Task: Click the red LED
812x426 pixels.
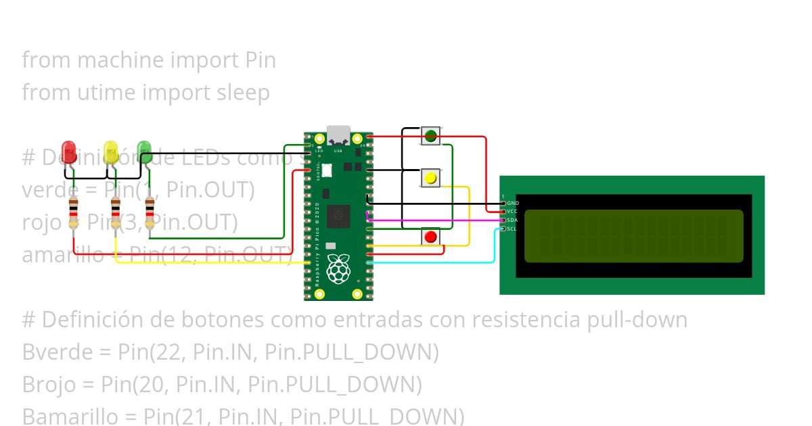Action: (68, 150)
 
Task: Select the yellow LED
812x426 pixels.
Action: (112, 151)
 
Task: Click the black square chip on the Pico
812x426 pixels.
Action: (338, 216)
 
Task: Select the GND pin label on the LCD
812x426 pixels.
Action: (512, 203)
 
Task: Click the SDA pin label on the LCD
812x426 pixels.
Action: (512, 220)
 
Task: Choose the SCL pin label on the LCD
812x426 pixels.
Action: (512, 229)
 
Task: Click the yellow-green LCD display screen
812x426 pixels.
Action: (633, 235)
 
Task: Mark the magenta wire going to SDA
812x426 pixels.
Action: (433, 220)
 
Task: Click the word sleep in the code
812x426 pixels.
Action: (242, 93)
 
